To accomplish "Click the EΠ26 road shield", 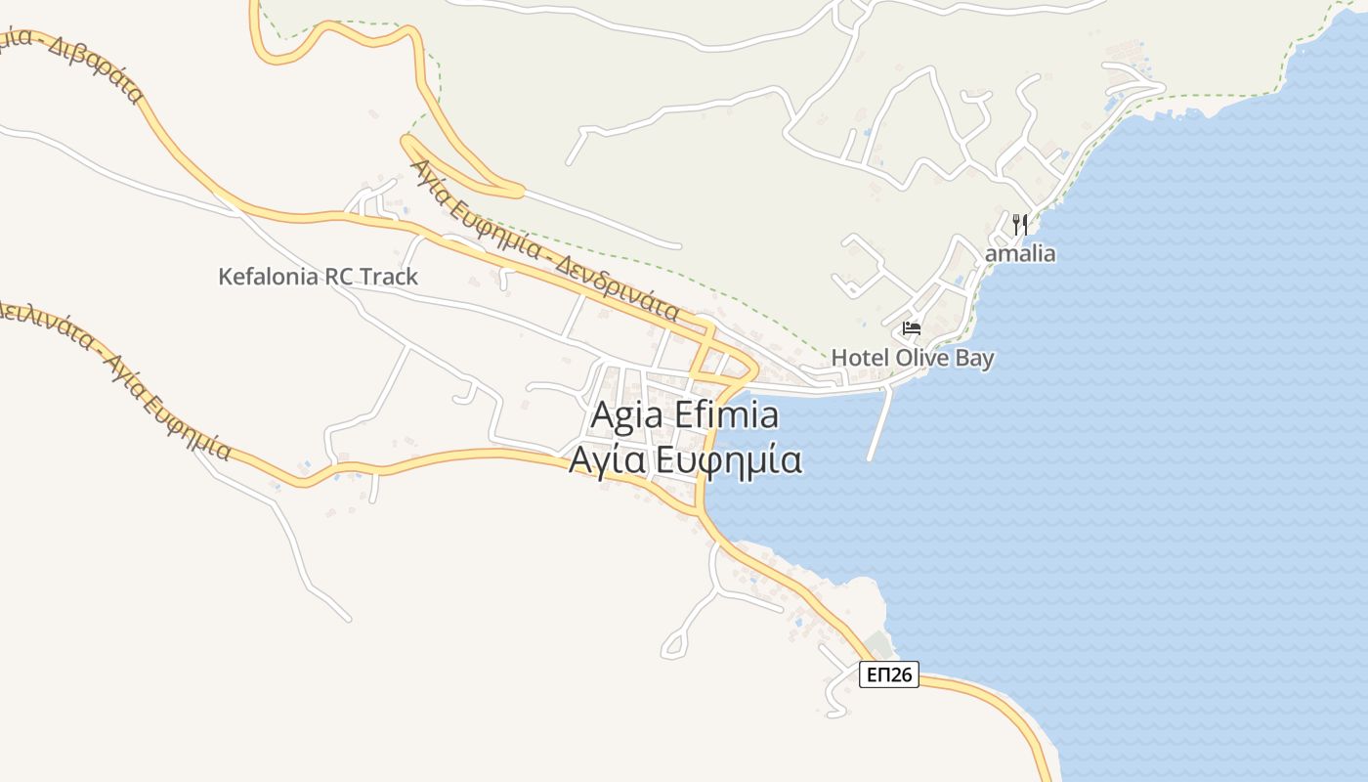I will pyautogui.click(x=889, y=673).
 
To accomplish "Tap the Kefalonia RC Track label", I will pyautogui.click(x=318, y=277).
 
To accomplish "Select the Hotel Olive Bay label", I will pyautogui.click(x=913, y=358).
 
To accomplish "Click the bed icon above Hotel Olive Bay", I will pyautogui.click(x=912, y=328).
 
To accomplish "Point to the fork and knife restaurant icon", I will pyautogui.click(x=1020, y=224).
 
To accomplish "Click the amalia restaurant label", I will pyautogui.click(x=1021, y=254).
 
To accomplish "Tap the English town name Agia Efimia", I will pyautogui.click(x=685, y=415).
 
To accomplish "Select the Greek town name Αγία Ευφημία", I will pyautogui.click(x=685, y=459).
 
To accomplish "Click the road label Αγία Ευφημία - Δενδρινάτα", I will pyautogui.click(x=545, y=240).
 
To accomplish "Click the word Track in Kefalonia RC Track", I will pyautogui.click(x=388, y=277).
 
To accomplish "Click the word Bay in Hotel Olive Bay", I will pyautogui.click(x=974, y=358).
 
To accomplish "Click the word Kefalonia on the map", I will pyautogui.click(x=265, y=277).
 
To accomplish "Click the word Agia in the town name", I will pyautogui.click(x=621, y=415).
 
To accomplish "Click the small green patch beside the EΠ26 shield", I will pyautogui.click(x=878, y=644).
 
